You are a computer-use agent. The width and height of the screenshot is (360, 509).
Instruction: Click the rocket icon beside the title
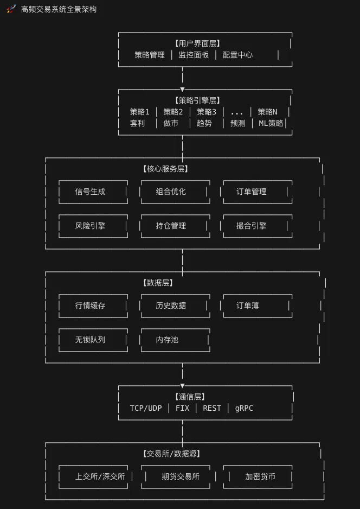pyautogui.click(x=11, y=9)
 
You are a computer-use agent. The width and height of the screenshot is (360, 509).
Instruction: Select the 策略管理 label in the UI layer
pyautogui.click(x=150, y=55)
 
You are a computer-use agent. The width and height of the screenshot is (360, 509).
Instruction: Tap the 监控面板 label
pyautogui.click(x=194, y=55)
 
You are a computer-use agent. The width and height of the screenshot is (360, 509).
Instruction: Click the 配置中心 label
pyautogui.click(x=237, y=55)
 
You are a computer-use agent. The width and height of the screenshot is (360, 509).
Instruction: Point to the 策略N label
pyautogui.click(x=267, y=112)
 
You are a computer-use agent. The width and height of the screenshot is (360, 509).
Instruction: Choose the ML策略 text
pyautogui.click(x=271, y=123)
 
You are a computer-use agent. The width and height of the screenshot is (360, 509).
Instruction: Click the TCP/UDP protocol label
pyautogui.click(x=146, y=408)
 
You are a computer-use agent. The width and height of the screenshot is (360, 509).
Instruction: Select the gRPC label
pyautogui.click(x=244, y=408)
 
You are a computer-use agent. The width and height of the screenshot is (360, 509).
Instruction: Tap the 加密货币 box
pyautogui.click(x=260, y=476)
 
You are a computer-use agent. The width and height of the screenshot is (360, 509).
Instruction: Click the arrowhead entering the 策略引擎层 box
pyautogui.click(x=183, y=89)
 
